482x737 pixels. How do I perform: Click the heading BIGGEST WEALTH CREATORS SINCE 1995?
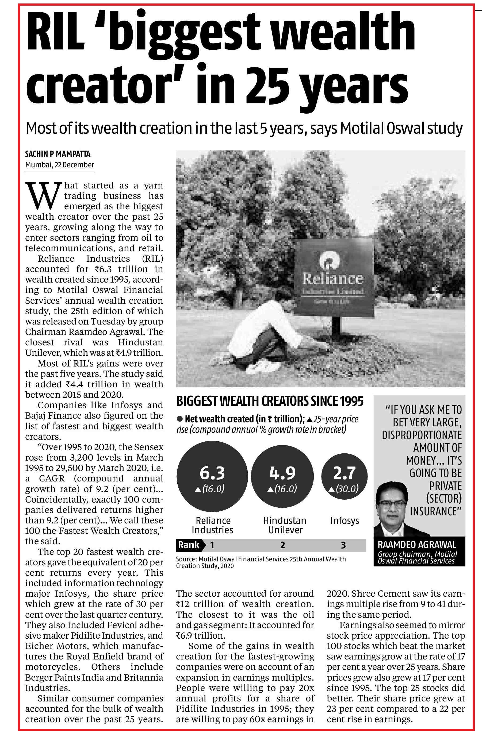[270, 401]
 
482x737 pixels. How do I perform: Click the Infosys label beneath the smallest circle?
[345, 520]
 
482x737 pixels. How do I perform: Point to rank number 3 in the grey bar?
[343, 545]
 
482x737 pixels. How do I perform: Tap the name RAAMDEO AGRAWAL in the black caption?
[417, 545]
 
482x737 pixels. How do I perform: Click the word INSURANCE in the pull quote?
[435, 511]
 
